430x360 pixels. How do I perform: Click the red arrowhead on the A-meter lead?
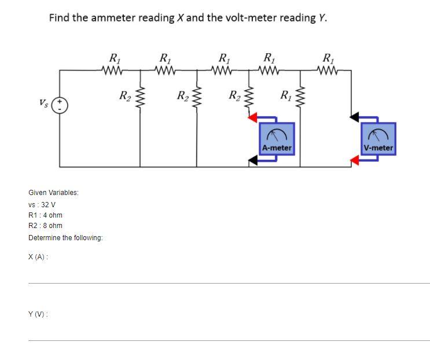(x=253, y=119)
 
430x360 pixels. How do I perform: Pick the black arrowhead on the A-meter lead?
(x=253, y=158)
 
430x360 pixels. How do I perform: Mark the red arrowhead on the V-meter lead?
(x=355, y=160)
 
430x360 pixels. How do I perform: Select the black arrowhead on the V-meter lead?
(x=355, y=117)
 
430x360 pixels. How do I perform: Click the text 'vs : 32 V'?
(x=42, y=205)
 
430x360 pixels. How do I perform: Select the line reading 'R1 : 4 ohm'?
(x=45, y=215)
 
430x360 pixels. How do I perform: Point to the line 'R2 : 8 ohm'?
(x=45, y=226)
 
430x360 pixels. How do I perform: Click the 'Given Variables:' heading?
(x=53, y=192)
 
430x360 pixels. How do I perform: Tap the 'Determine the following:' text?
(x=65, y=238)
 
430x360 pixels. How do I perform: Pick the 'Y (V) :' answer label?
(x=38, y=314)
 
